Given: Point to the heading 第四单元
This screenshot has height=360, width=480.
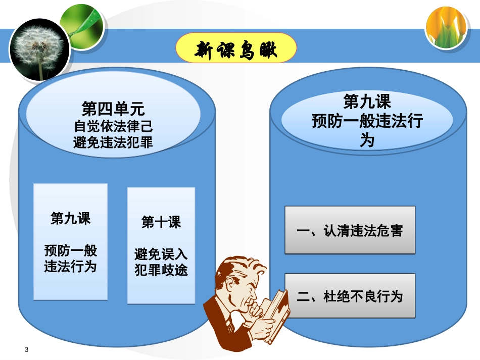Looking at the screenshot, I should tap(113, 109).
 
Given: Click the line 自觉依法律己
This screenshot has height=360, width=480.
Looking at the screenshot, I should tap(113, 126).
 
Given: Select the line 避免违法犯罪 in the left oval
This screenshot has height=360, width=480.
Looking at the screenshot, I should tap(113, 142).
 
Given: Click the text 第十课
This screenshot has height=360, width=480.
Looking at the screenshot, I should tap(161, 222).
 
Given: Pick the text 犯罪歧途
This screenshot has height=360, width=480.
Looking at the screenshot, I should tap(161, 270).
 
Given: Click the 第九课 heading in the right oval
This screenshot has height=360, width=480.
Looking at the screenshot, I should tap(367, 102).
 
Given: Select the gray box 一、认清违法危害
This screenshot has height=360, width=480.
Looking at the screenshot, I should tap(350, 230).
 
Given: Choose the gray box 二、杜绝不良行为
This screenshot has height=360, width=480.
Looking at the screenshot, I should tap(350, 296).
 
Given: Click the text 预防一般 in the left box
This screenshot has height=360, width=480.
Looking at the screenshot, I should tap(70, 250).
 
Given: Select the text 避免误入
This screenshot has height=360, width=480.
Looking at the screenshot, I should tap(161, 254).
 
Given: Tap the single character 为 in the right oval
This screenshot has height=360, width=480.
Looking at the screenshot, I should tap(367, 140).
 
